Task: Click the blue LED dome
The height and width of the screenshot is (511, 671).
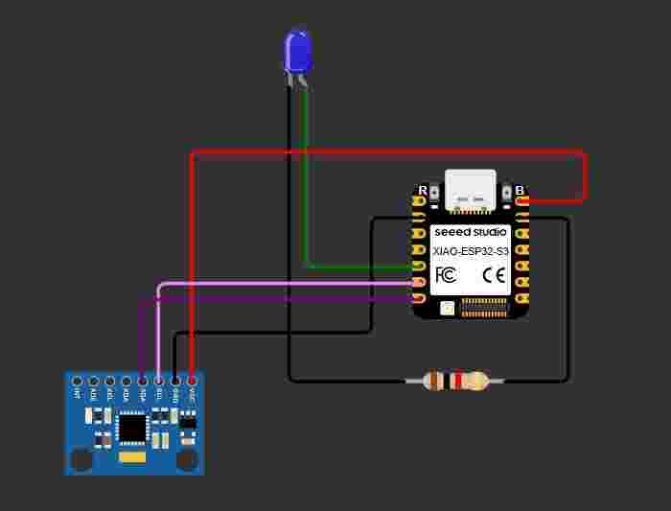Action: pos(298,52)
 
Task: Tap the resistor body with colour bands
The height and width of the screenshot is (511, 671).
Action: pos(456,382)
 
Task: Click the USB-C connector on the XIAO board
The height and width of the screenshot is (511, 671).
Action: pos(471,190)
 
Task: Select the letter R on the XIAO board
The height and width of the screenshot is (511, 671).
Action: pos(422,190)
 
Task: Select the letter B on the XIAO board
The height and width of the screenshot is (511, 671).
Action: pos(520,190)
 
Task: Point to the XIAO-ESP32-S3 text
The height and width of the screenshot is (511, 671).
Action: pos(470,250)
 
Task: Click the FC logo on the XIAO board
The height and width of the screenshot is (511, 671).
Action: pos(445,275)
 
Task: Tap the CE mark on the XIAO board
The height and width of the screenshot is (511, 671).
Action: pos(494,275)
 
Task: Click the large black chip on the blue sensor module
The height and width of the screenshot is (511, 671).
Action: pos(131,428)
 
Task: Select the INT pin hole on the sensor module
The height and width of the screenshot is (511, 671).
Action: pos(77,382)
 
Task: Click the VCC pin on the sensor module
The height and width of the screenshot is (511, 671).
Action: pos(192,382)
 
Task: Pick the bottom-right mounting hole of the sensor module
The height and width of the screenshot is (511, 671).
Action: pos(187,460)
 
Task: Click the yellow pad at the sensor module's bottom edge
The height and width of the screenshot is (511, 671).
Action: pos(131,459)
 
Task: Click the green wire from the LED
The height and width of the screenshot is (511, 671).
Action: pos(306,192)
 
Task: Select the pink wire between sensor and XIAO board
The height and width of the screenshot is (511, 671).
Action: pos(288,284)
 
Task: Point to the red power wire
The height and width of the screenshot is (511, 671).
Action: pos(383,152)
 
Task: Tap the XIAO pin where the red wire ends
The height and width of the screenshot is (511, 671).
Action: pos(522,201)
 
